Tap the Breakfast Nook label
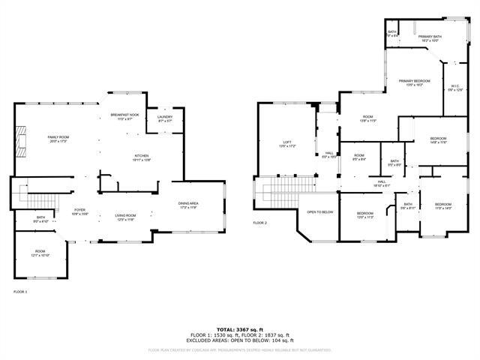[x=124, y=117]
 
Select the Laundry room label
[x=165, y=118]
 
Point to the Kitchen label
[x=142, y=157]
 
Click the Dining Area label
[x=188, y=205]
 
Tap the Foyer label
[x=80, y=212]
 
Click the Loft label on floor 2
[x=287, y=143]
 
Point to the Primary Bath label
[x=429, y=37]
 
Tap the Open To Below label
[x=319, y=212]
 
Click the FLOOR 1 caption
[x=20, y=291]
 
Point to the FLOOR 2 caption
[x=259, y=223]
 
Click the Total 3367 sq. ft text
[x=240, y=328]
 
